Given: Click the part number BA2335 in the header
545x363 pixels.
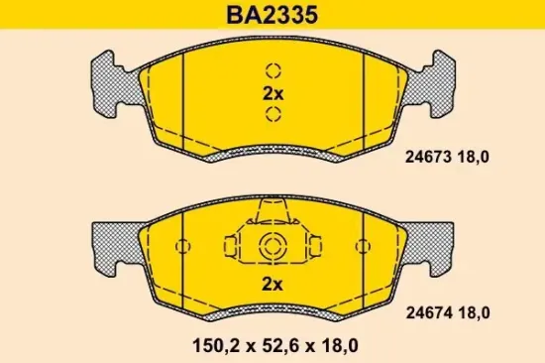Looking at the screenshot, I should pyautogui.click(x=272, y=14).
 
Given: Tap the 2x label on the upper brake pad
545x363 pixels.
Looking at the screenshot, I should pyautogui.click(x=272, y=93).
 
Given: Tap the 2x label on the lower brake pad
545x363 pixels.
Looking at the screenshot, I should pyautogui.click(x=272, y=285).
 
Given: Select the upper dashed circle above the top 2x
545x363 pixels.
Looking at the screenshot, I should pyautogui.click(x=273, y=71).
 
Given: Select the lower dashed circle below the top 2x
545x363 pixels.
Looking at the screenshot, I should pyautogui.click(x=273, y=115).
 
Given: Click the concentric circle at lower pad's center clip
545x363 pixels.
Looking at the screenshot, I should pyautogui.click(x=272, y=248).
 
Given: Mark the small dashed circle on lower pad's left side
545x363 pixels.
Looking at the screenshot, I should pyautogui.click(x=181, y=247).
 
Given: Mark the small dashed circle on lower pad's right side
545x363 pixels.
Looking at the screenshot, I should pyautogui.click(x=364, y=247).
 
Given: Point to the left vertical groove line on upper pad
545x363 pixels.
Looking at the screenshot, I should pyautogui.click(x=185, y=99).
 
